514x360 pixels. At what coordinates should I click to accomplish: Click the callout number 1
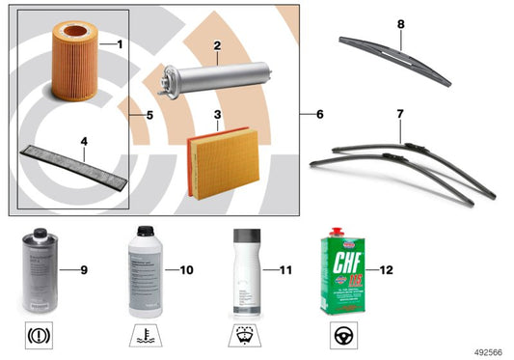[120, 45]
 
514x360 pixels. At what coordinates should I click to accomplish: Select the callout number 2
[218, 45]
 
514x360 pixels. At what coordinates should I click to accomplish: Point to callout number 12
[386, 269]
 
